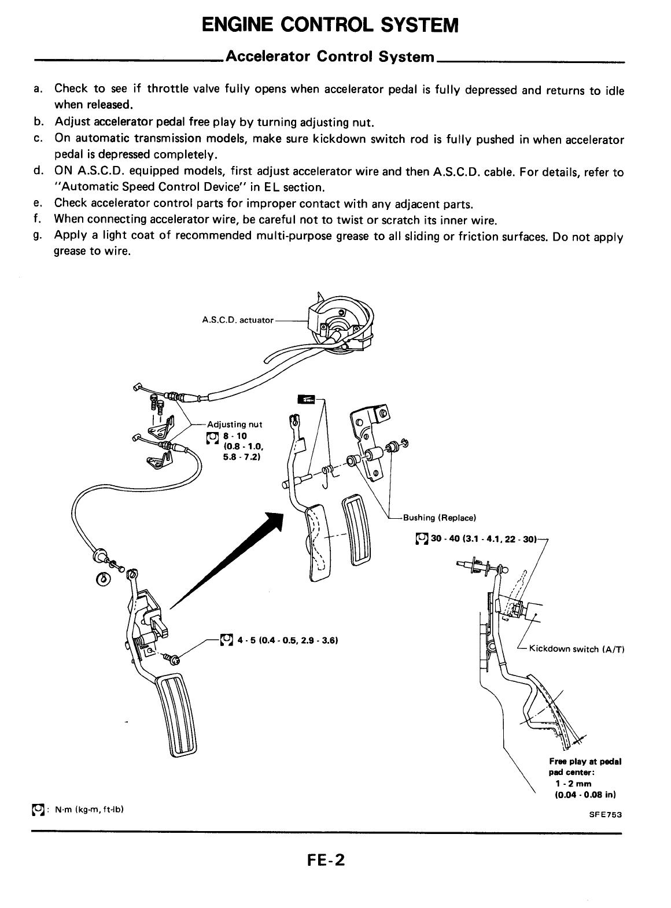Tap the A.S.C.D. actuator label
238,320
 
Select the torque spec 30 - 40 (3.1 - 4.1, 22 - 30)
477,538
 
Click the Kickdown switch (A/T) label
572,649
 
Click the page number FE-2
326,860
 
